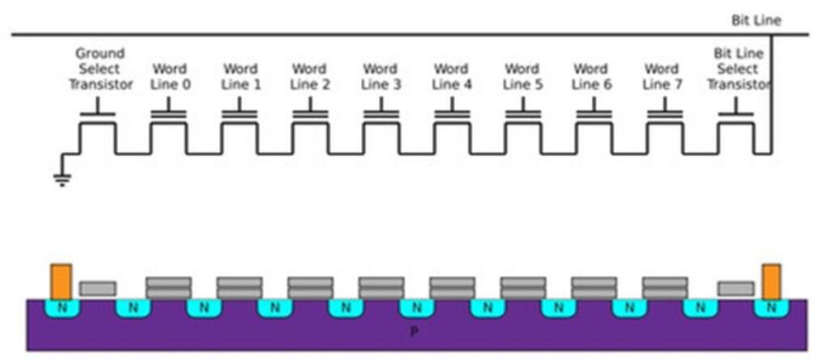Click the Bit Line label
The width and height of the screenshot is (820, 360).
(756, 20)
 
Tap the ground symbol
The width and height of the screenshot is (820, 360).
(61, 179)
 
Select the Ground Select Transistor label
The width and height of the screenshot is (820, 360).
(100, 69)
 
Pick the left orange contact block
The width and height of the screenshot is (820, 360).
(61, 280)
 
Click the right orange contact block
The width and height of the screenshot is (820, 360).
(771, 280)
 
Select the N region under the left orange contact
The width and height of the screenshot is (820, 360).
(61, 307)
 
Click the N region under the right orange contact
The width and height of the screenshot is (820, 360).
(771, 307)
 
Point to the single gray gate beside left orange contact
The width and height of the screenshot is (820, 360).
(98, 288)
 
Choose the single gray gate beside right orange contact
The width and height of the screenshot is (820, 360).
(736, 288)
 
